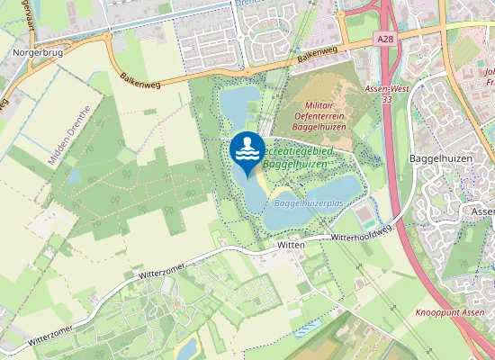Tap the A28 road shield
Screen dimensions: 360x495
click(x=385, y=39)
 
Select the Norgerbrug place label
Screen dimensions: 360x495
click(x=36, y=53)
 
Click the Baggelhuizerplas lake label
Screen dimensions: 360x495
click(x=308, y=204)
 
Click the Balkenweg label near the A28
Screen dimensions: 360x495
click(x=322, y=54)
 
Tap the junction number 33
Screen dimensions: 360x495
click(x=386, y=101)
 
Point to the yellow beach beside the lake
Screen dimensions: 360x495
click(x=257, y=188)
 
